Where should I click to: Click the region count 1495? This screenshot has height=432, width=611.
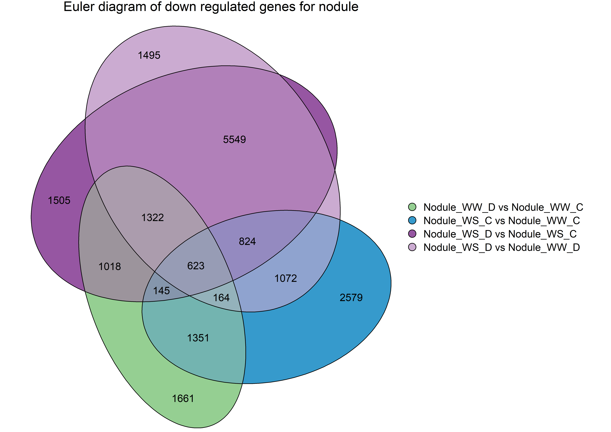(x=149, y=55)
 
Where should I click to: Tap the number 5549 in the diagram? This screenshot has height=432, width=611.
(x=234, y=139)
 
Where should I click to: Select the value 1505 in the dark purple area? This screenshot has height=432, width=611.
(x=59, y=200)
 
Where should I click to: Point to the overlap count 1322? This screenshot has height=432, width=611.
(x=152, y=218)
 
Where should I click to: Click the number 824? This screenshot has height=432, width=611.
(x=247, y=241)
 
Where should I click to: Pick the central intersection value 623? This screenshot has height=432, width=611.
(x=196, y=266)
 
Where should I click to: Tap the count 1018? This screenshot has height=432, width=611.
(x=110, y=266)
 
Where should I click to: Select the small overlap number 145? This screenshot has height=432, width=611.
(x=161, y=291)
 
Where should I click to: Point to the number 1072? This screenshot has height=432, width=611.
(x=286, y=278)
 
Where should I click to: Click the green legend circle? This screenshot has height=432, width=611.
(x=412, y=207)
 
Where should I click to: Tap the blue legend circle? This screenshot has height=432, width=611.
(x=412, y=220)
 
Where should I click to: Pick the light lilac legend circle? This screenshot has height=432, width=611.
(x=412, y=247)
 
